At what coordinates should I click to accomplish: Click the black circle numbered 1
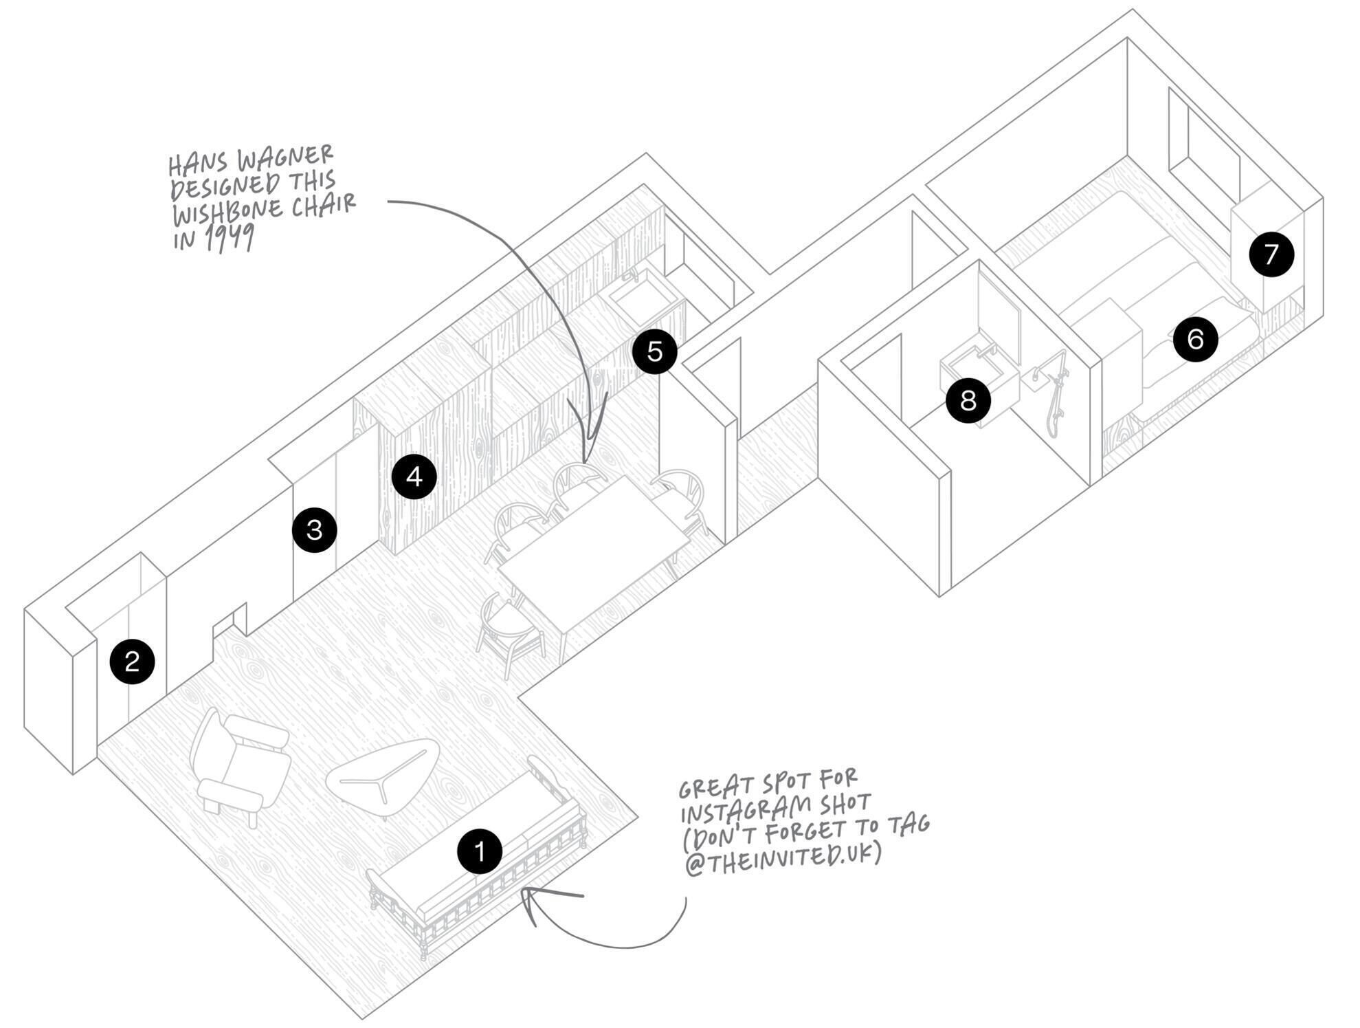click(480, 851)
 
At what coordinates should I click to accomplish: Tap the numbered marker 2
click(132, 661)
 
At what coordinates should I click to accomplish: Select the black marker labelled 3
click(315, 530)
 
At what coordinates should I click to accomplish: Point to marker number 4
click(414, 477)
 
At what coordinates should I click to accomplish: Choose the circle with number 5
click(655, 351)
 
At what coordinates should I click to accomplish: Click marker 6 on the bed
click(1196, 339)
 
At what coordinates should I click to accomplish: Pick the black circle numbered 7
click(1271, 254)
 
